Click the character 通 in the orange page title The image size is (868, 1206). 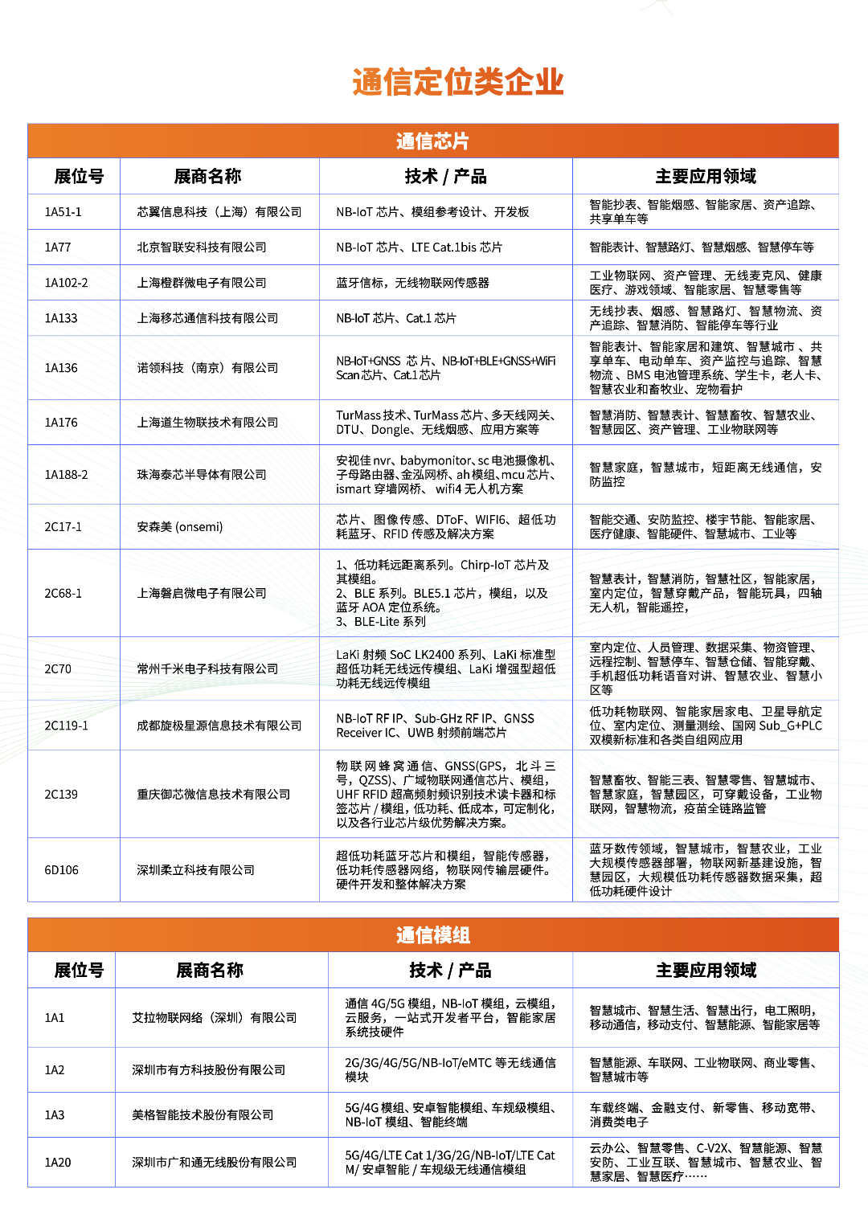367,83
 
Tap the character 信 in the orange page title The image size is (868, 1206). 398,83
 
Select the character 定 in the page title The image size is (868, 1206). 428,83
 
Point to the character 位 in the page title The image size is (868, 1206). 458,83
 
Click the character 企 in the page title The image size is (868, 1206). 518,83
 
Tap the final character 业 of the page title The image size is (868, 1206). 549,83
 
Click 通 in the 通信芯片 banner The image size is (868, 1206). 405,141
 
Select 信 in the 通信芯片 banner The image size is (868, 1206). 424,141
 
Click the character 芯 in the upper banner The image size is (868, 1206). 442,141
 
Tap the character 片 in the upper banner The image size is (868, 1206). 461,141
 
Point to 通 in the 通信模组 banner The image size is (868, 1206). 405,935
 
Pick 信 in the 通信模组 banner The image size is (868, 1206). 424,935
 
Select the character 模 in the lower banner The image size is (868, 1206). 442,935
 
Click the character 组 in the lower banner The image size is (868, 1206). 461,935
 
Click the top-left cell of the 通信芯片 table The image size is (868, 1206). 74,176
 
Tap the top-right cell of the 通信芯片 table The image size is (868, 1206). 705,176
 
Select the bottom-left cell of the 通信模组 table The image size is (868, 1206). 72,1162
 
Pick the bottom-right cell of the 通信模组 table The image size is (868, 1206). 706,1162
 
